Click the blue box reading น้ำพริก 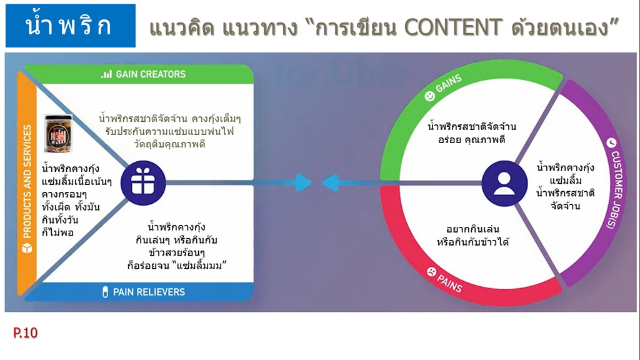(x=70, y=26)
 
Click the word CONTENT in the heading (x=452, y=27)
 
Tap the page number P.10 (x=25, y=332)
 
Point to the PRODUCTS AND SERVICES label (x=27, y=182)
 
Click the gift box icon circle (x=143, y=183)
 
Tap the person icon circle (x=504, y=183)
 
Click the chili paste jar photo (x=58, y=134)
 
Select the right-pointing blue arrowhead (x=304, y=183)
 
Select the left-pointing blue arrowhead (x=330, y=183)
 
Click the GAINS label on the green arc (x=449, y=83)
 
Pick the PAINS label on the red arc (x=449, y=283)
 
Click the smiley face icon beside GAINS (x=430, y=96)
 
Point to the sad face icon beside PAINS (x=431, y=271)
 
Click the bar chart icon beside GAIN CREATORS (x=106, y=74)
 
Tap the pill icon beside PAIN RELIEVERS (x=105, y=292)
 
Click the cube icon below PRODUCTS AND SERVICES (x=27, y=248)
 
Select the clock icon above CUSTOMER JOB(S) (x=611, y=142)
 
